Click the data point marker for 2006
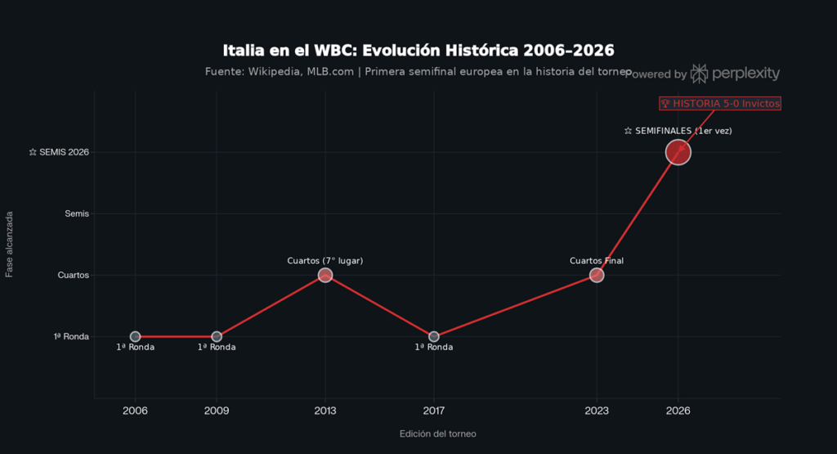point(135,336)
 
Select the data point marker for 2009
point(217,336)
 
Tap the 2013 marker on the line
point(325,275)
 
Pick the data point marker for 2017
point(433,336)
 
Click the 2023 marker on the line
point(597,275)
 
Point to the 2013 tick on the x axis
point(325,411)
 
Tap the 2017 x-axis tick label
point(433,411)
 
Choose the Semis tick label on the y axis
point(77,214)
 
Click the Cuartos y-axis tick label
point(74,275)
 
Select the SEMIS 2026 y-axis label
point(59,152)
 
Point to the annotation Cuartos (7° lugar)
point(325,261)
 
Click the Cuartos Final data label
point(597,261)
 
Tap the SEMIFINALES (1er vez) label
point(678,131)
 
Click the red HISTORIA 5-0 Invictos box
point(720,104)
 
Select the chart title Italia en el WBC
point(418,50)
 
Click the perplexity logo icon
point(699,74)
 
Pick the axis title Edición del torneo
point(437,434)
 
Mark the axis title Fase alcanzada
point(10,245)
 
